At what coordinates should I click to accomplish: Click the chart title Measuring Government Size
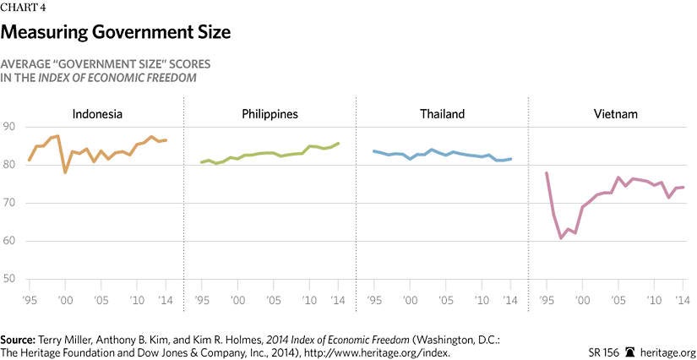click(x=116, y=33)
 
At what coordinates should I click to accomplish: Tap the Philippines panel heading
click(x=269, y=114)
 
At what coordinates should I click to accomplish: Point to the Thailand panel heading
click(x=442, y=114)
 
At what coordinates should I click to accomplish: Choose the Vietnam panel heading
click(x=614, y=114)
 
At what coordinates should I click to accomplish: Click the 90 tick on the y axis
click(x=11, y=127)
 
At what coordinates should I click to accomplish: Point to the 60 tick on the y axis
click(x=11, y=241)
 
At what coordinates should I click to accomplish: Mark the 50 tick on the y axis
click(x=11, y=279)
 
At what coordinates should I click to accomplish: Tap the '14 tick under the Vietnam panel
click(x=681, y=300)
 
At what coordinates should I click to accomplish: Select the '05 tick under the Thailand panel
click(x=446, y=300)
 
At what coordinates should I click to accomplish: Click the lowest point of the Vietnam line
click(x=561, y=238)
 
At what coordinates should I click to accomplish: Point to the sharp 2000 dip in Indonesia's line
click(x=65, y=172)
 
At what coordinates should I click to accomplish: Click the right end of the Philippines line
click(x=339, y=143)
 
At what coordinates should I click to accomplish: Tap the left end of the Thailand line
click(x=373, y=151)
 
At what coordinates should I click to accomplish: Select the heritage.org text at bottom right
click(x=668, y=352)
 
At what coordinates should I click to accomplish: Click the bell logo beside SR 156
click(x=629, y=351)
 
